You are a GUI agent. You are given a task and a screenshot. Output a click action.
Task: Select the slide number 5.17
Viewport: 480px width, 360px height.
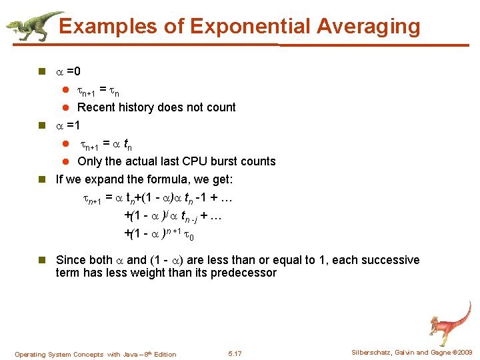[x=235, y=353]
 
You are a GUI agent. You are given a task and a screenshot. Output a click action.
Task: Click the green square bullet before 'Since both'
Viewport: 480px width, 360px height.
[x=43, y=260]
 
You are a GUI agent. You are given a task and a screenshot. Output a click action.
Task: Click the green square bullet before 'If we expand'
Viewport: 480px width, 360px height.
[x=43, y=179]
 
